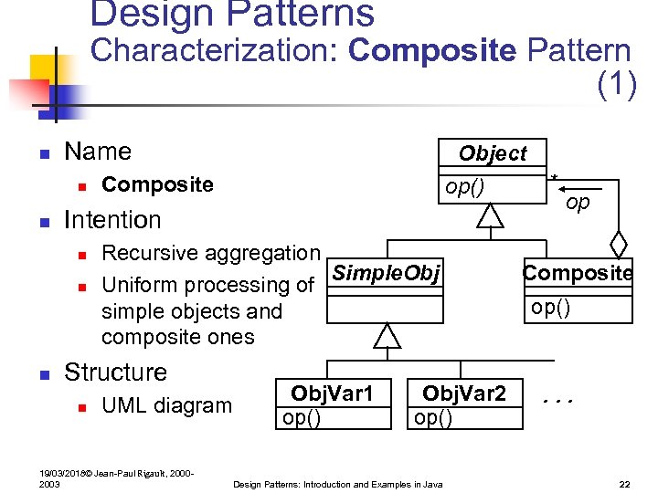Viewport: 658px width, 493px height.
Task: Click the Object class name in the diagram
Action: [x=493, y=153]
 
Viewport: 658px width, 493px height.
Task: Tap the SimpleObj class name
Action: [x=386, y=273]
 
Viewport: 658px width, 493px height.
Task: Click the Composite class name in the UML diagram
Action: [x=578, y=273]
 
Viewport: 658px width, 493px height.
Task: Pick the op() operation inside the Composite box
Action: [x=551, y=307]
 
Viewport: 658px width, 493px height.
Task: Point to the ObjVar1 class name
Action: [x=332, y=393]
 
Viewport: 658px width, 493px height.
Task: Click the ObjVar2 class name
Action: [x=463, y=393]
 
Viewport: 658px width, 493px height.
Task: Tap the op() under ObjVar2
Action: [x=432, y=417]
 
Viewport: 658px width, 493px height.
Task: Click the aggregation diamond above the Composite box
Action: [x=619, y=246]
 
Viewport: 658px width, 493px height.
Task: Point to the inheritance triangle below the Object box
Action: [x=491, y=215]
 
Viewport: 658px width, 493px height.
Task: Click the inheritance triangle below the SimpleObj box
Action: [x=388, y=335]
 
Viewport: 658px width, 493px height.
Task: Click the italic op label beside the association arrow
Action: [x=578, y=203]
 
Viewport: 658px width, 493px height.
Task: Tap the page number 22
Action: [x=624, y=483]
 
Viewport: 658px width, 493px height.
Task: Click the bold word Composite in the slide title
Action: [x=432, y=50]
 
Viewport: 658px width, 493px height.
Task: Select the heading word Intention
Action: [x=112, y=220]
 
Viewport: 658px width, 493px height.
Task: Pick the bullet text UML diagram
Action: [x=166, y=405]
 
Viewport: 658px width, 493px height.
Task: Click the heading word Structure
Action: [x=116, y=372]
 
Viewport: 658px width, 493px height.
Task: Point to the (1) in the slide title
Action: [x=617, y=84]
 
